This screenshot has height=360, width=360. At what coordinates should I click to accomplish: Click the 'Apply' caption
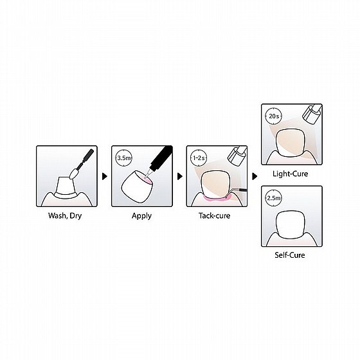pyautogui.click(x=141, y=215)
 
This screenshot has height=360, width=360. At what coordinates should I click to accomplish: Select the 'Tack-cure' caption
pyautogui.click(x=215, y=215)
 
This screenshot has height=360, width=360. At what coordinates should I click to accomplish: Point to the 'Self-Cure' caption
pyautogui.click(x=290, y=255)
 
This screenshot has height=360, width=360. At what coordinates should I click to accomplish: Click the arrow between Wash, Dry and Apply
pyautogui.click(x=104, y=175)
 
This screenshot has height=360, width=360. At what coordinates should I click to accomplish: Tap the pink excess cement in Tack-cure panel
pyautogui.click(x=215, y=195)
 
